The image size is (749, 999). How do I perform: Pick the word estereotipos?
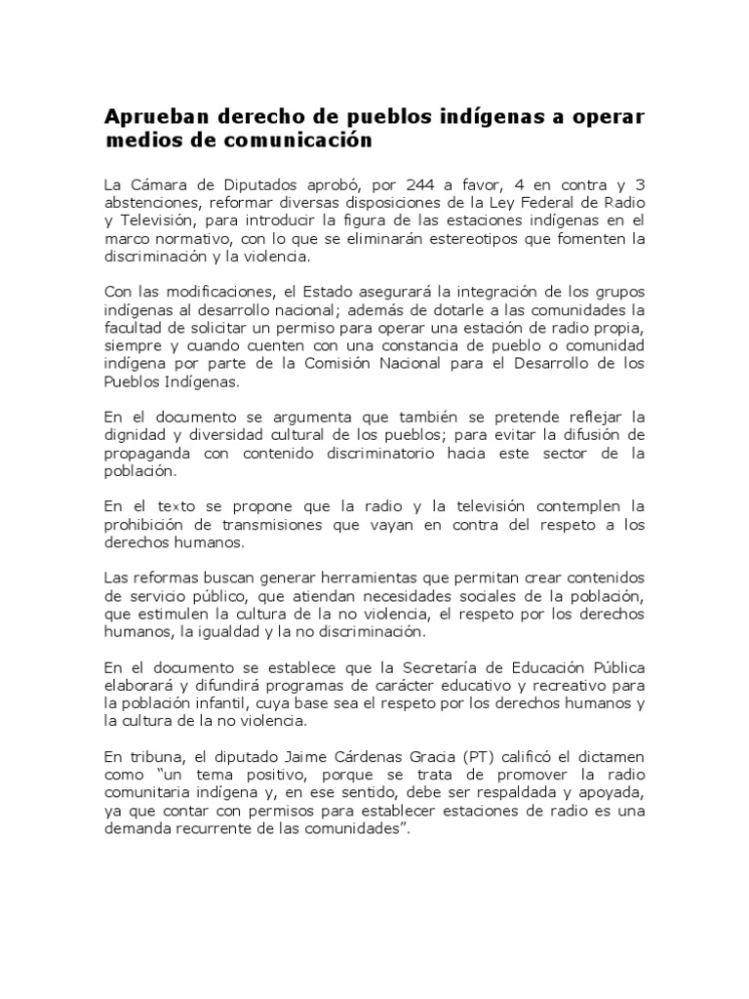tap(470, 238)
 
